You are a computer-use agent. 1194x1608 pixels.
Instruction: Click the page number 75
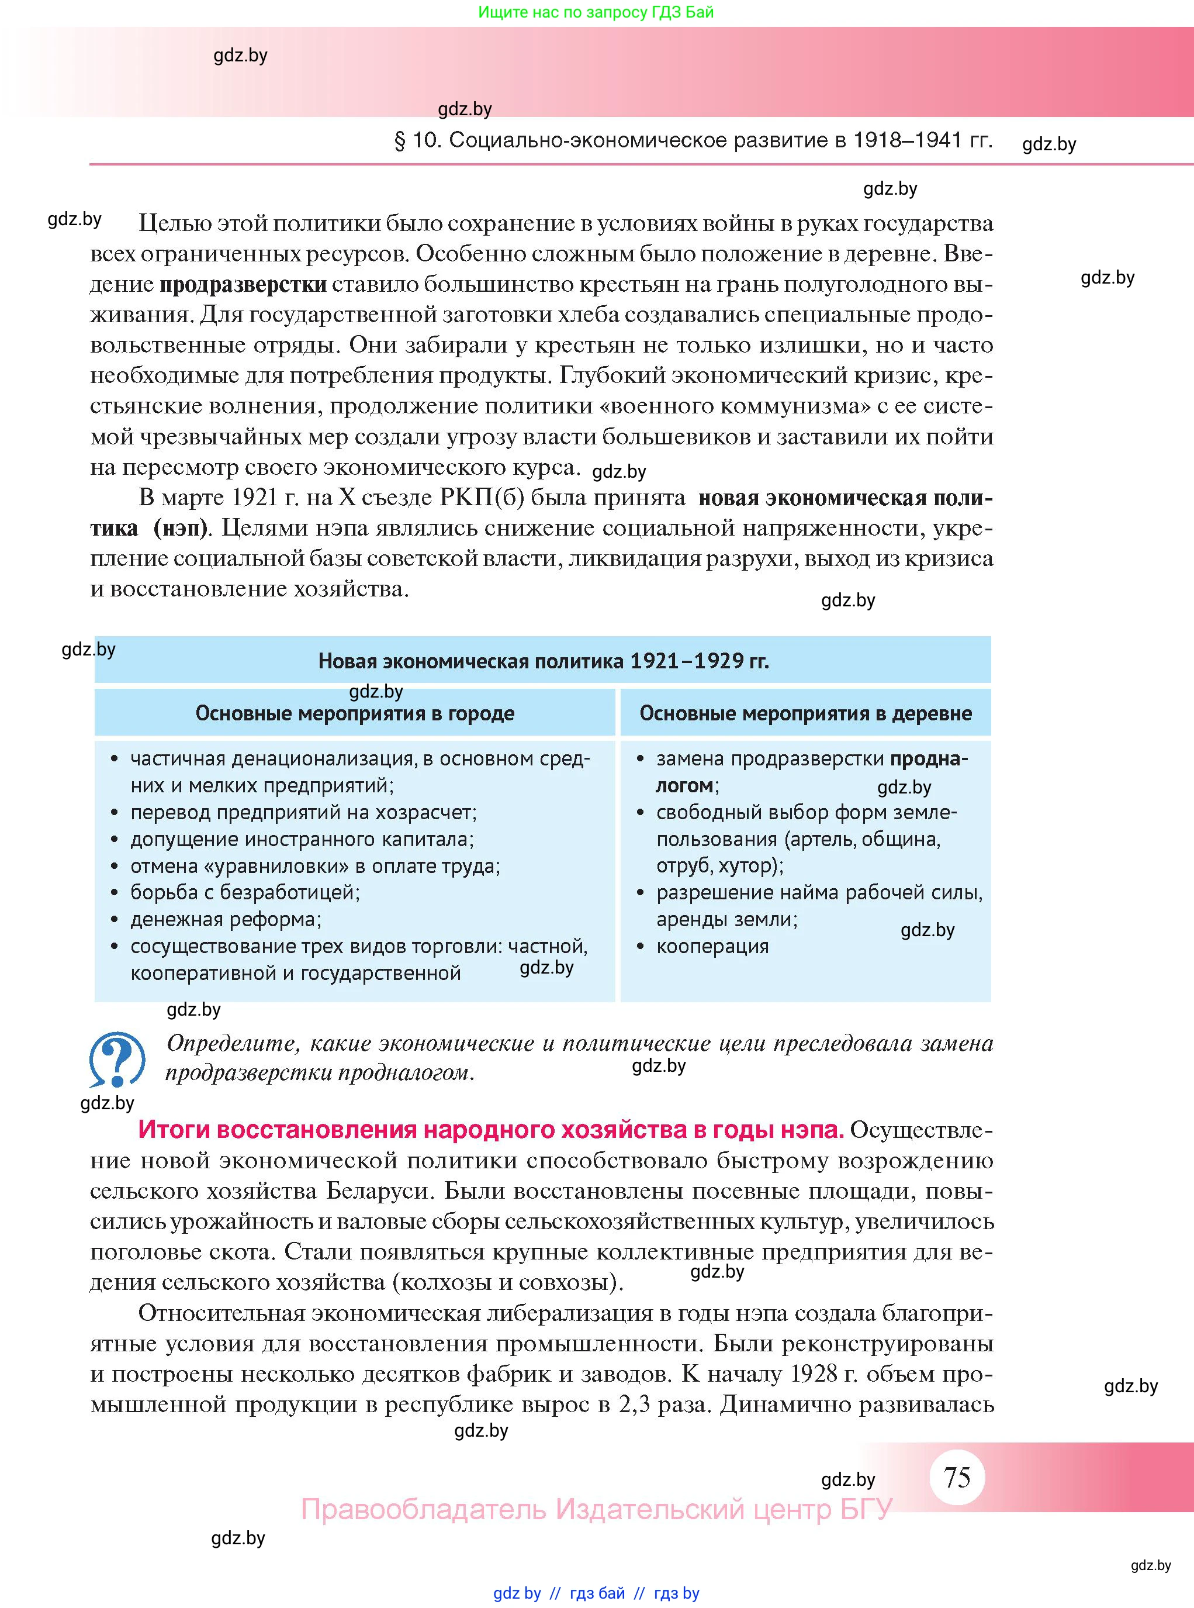957,1476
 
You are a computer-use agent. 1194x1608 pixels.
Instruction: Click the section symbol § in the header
400,140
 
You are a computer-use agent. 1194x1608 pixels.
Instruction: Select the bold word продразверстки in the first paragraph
243,284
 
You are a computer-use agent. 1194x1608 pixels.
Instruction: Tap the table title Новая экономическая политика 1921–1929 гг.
543,661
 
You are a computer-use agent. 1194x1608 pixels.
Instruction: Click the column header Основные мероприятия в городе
355,713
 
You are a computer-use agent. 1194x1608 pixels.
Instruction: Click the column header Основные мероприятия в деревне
805,713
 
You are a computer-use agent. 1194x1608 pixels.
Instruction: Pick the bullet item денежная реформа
226,919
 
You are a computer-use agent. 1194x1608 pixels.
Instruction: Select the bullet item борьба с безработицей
244,892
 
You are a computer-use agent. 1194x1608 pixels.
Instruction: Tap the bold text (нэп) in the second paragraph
181,529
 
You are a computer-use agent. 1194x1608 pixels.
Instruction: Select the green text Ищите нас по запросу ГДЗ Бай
596,12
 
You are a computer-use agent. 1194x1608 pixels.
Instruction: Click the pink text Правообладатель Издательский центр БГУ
596,1509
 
